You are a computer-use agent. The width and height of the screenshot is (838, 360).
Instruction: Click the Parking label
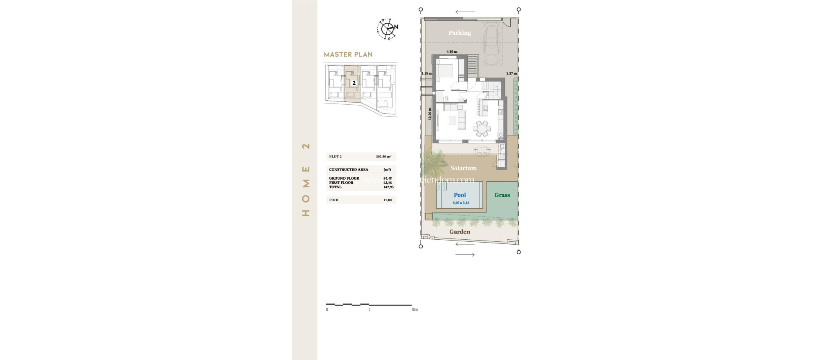coord(460,33)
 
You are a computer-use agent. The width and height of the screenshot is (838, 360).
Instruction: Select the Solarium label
coord(463,168)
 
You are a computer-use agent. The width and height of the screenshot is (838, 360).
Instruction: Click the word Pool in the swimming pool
coord(460,195)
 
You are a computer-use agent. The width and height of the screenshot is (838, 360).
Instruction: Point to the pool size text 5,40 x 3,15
coord(461,203)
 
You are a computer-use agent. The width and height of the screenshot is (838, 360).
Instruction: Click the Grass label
coord(502,195)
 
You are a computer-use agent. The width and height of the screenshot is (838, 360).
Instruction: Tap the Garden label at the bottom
coord(460,232)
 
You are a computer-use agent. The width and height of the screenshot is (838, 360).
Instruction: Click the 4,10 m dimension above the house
coord(452,52)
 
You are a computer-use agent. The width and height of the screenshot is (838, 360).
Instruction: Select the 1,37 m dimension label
coord(511,74)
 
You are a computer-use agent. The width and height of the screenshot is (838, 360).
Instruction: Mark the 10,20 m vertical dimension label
coord(430,114)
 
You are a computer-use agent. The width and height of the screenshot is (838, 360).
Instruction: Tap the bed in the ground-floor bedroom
coord(445,72)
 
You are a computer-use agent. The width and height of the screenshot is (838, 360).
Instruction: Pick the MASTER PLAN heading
coord(348,54)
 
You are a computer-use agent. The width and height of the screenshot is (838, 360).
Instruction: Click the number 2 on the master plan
coord(354,83)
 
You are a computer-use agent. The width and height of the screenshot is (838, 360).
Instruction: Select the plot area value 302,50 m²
coord(383,157)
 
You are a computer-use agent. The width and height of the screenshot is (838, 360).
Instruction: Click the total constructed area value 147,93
coord(388,187)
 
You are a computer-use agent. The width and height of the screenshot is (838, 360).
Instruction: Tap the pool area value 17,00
coord(387,200)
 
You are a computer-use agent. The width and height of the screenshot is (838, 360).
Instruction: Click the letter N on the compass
coord(396,27)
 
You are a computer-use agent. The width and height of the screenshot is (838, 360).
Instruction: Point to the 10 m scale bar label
coord(414,310)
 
